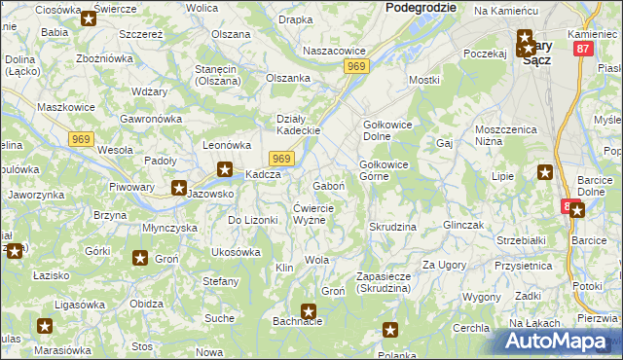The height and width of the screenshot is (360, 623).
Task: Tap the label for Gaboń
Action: [327, 185]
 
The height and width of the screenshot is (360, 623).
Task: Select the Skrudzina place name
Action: [392, 227]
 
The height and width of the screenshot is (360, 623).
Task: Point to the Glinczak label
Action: [463, 224]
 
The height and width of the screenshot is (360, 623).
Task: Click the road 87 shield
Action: [584, 48]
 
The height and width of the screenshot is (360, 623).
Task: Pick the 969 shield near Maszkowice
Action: [82, 139]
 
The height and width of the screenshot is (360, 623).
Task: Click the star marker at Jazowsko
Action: [180, 188]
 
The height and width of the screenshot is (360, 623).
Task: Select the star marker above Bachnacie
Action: [309, 311]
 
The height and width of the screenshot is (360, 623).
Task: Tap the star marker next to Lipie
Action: [545, 173]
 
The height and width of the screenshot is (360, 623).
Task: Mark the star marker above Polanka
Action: [390, 331]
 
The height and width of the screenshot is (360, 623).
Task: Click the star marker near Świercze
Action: [89, 18]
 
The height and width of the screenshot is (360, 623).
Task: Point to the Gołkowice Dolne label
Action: [390, 130]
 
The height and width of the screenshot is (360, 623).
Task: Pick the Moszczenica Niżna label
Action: [506, 134]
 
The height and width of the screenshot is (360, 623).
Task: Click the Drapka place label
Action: [295, 18]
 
